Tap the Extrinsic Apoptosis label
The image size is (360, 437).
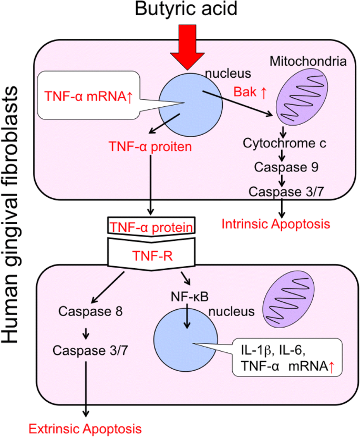click(85, 427)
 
